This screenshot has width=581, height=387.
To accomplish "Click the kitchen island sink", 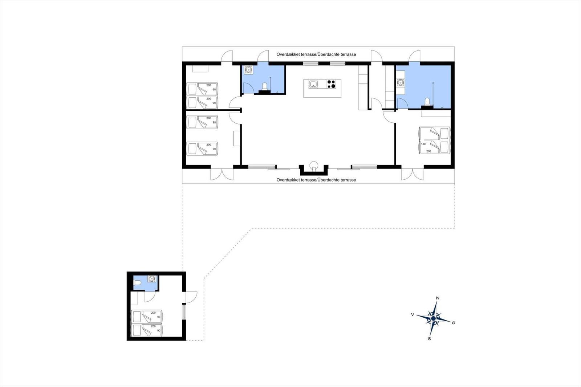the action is [313, 84].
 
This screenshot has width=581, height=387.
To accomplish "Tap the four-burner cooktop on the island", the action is [331, 84].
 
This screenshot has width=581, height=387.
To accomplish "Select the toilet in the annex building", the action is [137, 283].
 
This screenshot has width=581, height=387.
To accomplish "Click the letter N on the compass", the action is [438, 298].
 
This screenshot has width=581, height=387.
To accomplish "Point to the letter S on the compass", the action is [430, 339].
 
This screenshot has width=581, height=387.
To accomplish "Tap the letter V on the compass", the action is [413, 315].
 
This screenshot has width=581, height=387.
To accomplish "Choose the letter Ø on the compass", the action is [454, 323].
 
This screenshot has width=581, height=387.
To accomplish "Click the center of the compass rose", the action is [433, 318].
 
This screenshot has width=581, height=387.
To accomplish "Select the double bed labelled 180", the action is [434, 140].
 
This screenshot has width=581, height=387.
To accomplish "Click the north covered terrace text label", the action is [316, 54].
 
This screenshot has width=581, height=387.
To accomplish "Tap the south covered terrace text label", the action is [316, 180].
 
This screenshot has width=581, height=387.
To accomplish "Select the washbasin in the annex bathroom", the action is [151, 279].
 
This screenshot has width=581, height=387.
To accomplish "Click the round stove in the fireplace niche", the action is [314, 165].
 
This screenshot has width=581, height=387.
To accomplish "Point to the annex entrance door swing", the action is [191, 297].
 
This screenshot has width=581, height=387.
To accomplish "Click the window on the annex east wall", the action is [184, 312].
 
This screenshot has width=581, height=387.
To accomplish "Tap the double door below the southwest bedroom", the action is [222, 174].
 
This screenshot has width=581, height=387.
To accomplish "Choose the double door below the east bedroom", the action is [413, 174].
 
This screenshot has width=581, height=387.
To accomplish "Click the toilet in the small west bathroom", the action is [265, 86].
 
